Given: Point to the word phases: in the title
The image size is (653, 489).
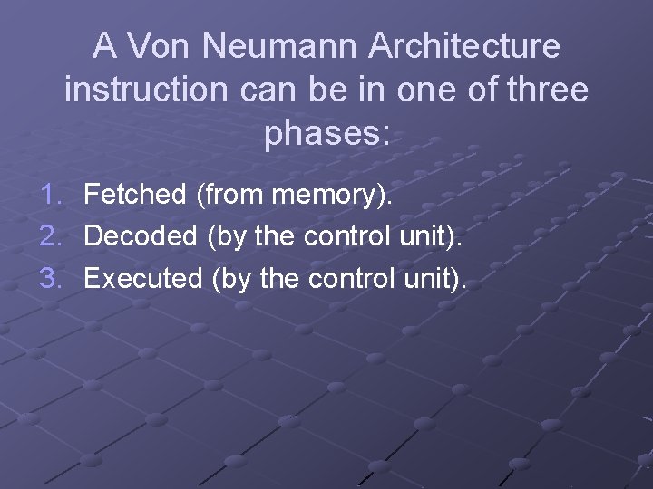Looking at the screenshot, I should [x=326, y=134].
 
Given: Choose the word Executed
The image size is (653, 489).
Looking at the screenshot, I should [x=143, y=278].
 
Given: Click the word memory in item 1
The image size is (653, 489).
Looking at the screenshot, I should [x=335, y=195].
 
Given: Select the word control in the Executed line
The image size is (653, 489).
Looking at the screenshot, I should [x=350, y=278].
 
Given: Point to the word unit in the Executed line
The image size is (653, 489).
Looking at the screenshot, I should [x=429, y=278].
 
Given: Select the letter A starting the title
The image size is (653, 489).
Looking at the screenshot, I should [x=105, y=45].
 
